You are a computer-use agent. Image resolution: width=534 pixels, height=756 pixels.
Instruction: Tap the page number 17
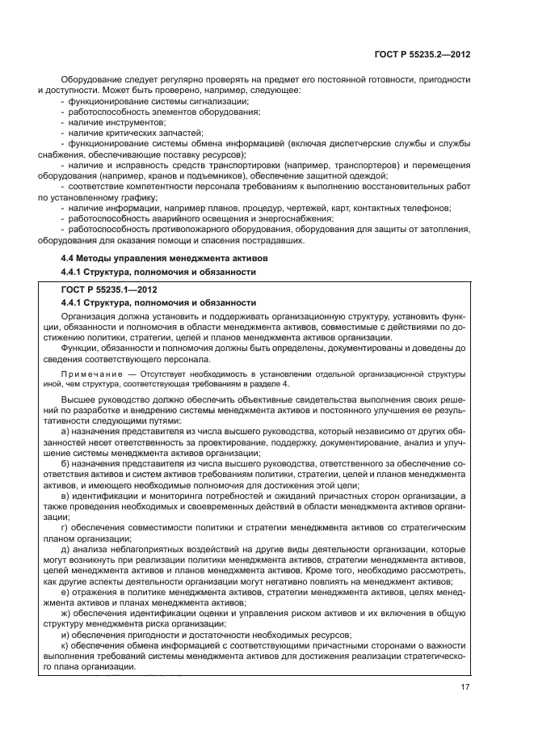point(465,686)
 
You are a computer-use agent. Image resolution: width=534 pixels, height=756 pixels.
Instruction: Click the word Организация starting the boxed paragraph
point(89,316)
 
